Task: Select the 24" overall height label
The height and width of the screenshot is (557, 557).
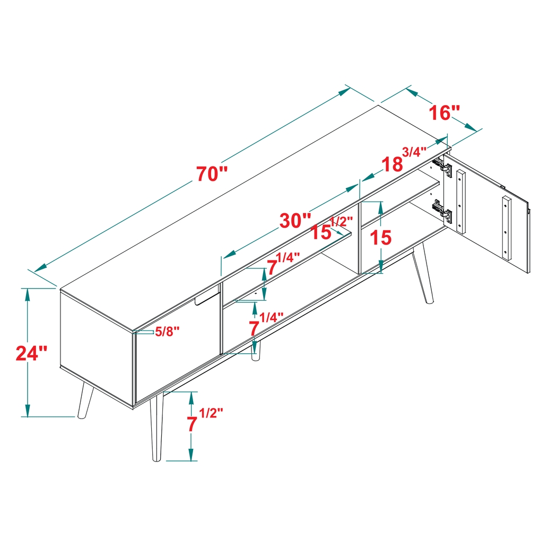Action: (x=32, y=353)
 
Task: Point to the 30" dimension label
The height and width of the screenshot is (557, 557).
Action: (x=295, y=220)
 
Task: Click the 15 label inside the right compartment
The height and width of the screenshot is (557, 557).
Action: (x=380, y=238)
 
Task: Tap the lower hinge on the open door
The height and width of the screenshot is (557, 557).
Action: (x=443, y=211)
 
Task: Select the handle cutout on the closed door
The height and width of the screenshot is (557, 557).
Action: (x=207, y=298)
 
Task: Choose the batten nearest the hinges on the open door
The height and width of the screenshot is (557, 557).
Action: (x=462, y=202)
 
